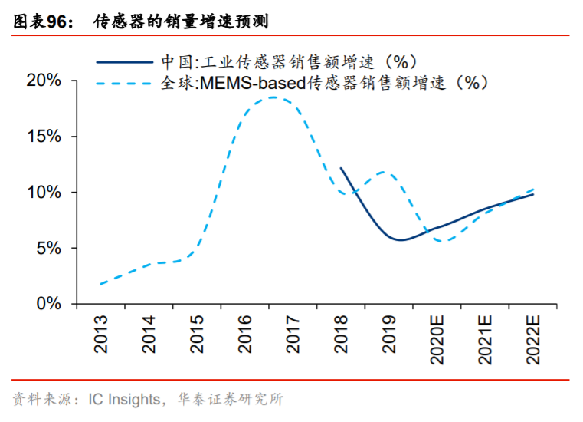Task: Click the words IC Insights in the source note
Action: [123, 400]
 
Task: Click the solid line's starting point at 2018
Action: [341, 168]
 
